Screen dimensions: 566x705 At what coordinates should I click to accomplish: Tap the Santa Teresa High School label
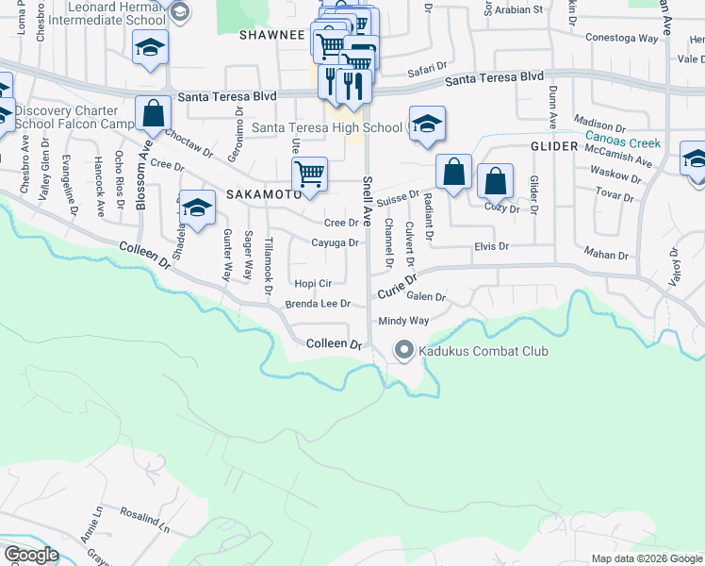pos(327,127)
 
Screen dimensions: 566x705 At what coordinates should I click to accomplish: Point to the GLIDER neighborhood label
pos(553,147)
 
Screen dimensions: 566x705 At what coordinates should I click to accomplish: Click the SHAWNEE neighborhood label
pos(272,35)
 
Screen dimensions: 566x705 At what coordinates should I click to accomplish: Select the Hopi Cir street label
pos(313,283)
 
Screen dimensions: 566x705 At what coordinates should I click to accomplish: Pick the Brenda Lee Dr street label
pos(318,305)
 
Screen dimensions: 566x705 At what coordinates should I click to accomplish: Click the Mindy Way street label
pos(403,321)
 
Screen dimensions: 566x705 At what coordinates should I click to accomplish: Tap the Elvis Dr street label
pos(490,246)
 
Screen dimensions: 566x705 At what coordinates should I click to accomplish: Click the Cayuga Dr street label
pos(335,242)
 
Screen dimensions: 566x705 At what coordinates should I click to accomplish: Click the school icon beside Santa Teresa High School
pos(427,125)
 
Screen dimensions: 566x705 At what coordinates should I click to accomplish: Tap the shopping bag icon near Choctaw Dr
pos(153,114)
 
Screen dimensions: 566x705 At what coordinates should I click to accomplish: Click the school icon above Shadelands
pos(197,208)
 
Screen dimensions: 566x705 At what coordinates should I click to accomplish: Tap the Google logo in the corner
pos(31,555)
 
